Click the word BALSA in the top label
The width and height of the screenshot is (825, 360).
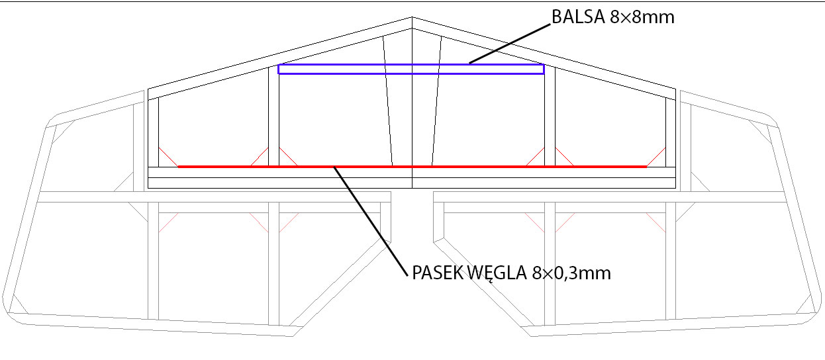[578, 17]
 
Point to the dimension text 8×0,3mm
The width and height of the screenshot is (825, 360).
[571, 273]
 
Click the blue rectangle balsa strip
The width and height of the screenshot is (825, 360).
[411, 65]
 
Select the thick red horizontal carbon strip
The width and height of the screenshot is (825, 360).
[412, 167]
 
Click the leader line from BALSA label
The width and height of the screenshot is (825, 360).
[510, 44]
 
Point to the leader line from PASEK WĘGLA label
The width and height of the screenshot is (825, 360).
[371, 221]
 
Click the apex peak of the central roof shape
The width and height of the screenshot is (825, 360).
[412, 17]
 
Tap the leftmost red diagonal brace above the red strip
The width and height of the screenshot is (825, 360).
[168, 157]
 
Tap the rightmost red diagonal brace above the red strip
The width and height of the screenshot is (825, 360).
[656, 157]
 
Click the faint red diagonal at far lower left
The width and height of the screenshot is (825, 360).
[168, 223]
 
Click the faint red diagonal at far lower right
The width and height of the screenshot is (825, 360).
[656, 223]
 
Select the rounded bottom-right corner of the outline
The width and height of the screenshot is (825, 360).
[814, 316]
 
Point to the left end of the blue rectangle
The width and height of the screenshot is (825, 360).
[279, 69]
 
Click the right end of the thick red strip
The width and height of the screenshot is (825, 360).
[646, 167]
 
